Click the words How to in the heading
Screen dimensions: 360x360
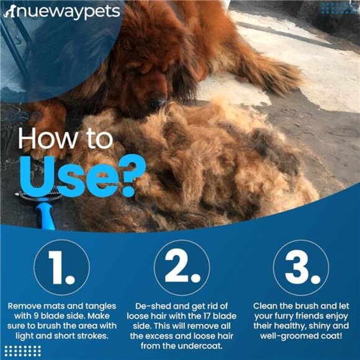(64, 139)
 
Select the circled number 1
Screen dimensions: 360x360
(61, 268)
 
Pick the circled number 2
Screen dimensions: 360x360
(181, 268)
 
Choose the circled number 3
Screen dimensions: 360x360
(300, 268)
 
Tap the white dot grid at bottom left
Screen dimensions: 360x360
(22, 351)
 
